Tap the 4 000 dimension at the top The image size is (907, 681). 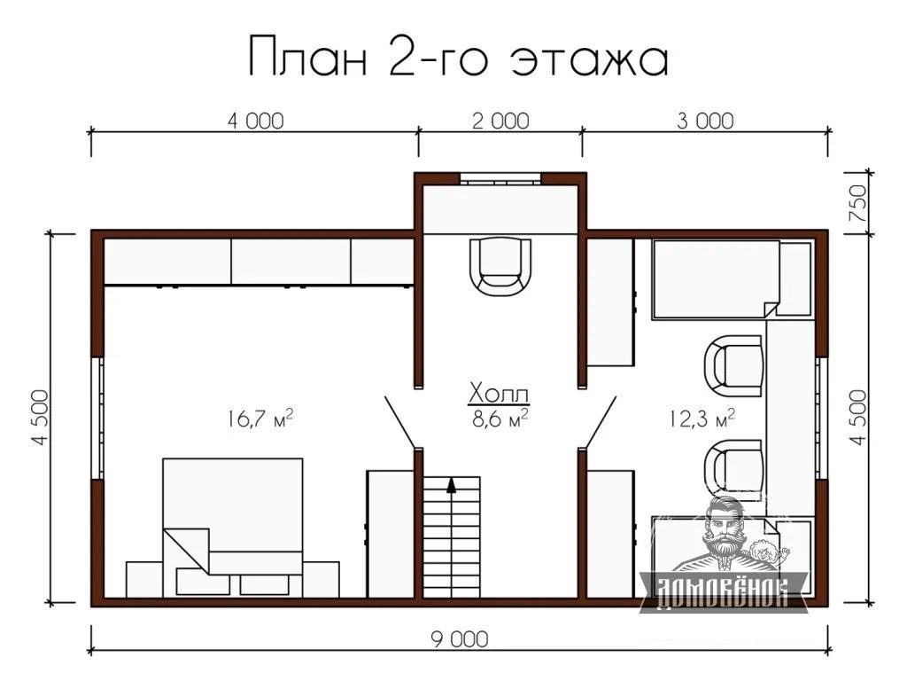tap(256, 121)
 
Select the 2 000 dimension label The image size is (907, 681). tap(501, 121)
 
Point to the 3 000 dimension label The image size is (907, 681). tap(705, 121)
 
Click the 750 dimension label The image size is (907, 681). tap(858, 204)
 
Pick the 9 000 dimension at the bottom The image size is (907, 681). tap(460, 639)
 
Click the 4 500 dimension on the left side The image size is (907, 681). tap(41, 418)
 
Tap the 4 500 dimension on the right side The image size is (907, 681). tap(858, 418)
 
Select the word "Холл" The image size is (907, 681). tap(499, 393)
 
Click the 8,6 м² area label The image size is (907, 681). tap(500, 418)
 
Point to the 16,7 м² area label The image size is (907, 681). tap(260, 418)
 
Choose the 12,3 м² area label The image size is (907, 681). tap(702, 418)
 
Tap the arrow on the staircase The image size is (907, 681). tap(451, 484)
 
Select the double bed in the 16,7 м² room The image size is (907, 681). tap(233, 528)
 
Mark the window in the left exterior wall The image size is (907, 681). tap(98, 418)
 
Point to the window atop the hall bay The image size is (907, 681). tap(501, 178)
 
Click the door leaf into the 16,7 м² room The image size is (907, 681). tap(401, 422)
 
